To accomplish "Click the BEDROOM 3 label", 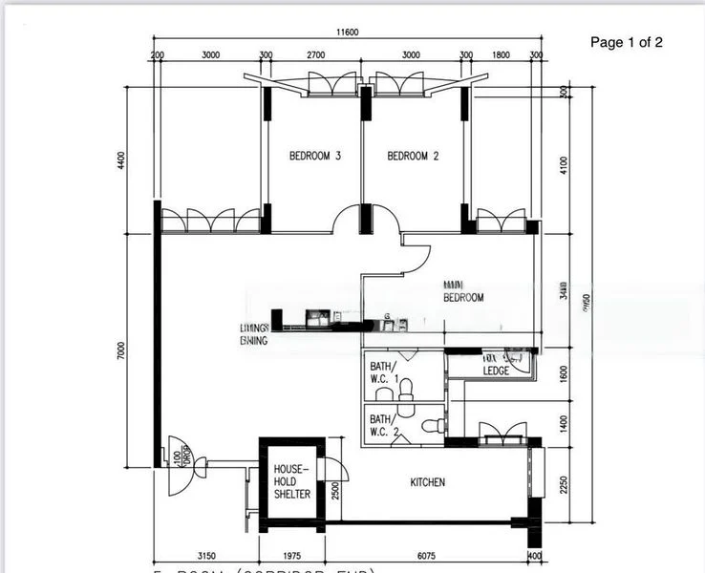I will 315,156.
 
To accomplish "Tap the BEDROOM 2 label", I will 413,156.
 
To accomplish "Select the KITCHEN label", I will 427,482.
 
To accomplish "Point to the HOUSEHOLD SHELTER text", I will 291,482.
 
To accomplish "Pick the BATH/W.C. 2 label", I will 381,425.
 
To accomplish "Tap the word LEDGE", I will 496,371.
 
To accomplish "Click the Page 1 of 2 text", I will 627,42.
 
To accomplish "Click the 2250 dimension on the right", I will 564,484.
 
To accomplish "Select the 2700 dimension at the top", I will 316,55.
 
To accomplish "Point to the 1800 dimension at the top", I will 502,55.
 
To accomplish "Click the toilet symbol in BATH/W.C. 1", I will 406,388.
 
